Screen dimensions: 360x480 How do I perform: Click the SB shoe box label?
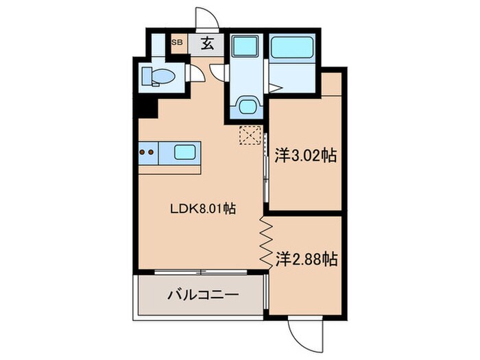177,43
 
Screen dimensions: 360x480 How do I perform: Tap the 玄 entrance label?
206,44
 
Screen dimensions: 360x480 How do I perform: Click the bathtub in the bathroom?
291,48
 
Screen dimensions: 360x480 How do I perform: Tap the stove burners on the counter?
147,152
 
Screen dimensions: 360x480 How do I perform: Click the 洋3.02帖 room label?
305,156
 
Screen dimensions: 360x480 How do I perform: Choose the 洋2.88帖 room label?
306,260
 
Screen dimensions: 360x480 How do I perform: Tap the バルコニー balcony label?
203,296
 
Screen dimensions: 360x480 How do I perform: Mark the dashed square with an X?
249,135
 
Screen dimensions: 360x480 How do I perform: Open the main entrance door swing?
204,19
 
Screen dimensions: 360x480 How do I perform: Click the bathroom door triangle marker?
274,88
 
